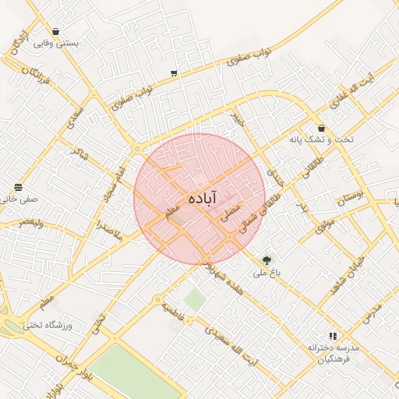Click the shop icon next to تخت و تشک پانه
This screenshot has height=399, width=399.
click(321, 128)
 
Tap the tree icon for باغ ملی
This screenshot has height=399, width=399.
click(267, 260)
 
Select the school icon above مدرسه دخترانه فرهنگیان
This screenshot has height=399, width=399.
click(333, 335)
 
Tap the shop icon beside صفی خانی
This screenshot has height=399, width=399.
click(18, 188)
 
